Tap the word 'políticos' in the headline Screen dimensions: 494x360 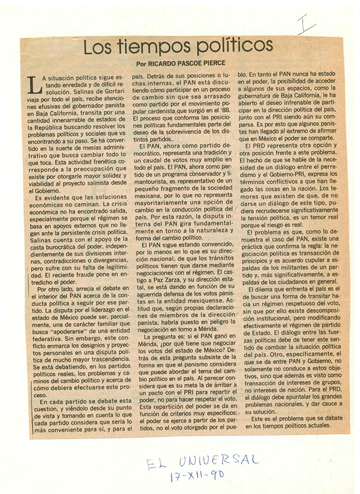coord(228,48)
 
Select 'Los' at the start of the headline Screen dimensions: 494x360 coord(98,48)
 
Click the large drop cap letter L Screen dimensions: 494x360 coord(33,84)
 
